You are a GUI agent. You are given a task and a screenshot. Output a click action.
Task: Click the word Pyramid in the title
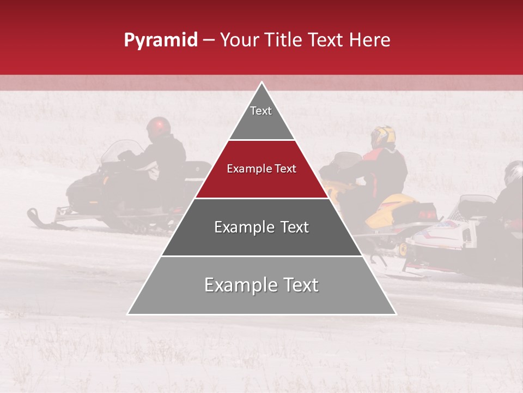click(160, 40)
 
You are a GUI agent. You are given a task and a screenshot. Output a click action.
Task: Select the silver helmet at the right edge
click(513, 172)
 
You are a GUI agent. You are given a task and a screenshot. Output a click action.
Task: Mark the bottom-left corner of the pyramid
click(128, 314)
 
